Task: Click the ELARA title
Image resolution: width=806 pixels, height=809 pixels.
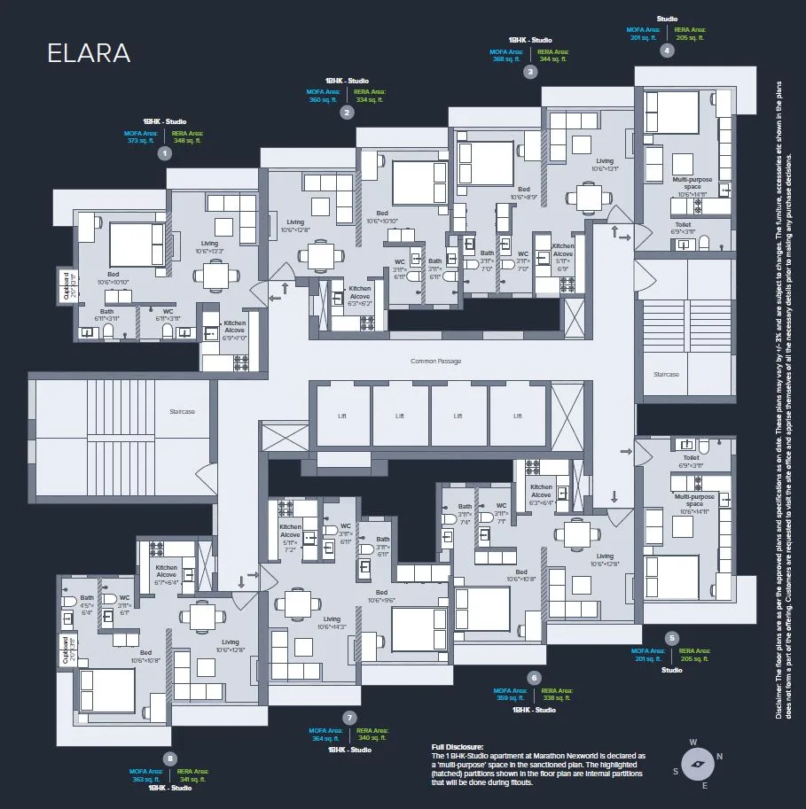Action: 89,53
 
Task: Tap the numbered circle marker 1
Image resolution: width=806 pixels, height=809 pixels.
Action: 163,153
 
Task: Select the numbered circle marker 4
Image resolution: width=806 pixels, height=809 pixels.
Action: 667,51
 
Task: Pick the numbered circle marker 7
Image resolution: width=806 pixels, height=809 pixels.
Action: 350,717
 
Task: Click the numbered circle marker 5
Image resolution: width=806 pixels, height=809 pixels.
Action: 672,637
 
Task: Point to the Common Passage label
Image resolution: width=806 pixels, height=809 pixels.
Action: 435,361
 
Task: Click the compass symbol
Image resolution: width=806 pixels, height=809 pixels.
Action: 695,762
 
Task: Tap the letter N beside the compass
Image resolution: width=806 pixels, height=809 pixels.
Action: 719,756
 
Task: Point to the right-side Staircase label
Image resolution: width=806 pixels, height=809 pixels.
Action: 666,375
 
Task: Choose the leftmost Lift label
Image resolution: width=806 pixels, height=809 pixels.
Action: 341,416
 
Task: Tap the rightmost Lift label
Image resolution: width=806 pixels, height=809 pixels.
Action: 517,416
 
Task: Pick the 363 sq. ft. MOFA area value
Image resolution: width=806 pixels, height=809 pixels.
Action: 146,779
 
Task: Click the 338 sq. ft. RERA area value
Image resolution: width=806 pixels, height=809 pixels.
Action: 556,697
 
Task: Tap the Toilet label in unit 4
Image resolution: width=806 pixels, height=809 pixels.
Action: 683,225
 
